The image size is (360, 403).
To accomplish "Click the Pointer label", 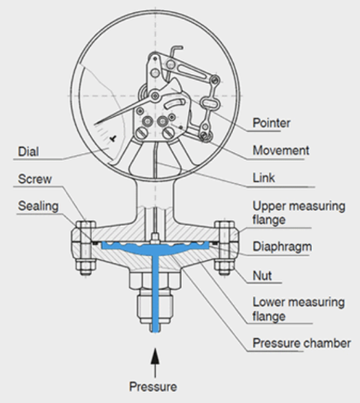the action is point(271,123).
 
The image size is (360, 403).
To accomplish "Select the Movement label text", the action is point(281,150).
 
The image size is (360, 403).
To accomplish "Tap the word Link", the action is point(264,178).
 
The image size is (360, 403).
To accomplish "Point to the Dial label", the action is point(29,151).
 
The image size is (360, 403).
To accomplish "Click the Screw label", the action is point(34,179).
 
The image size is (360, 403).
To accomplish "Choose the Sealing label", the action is point(38,206).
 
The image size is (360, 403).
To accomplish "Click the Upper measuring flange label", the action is point(299,213).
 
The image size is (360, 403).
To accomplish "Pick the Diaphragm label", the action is point(282,247).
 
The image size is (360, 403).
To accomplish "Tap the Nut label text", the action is point(263,275).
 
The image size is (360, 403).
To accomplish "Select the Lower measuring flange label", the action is point(299,309).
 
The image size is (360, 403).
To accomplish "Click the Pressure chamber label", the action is point(302,344).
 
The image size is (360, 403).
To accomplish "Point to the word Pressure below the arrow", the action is point(153,386).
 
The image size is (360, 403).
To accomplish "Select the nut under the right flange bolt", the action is point(225,267).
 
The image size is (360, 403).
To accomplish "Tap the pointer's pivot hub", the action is point(155,96).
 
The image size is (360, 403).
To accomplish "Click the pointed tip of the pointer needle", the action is point(96,124).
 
